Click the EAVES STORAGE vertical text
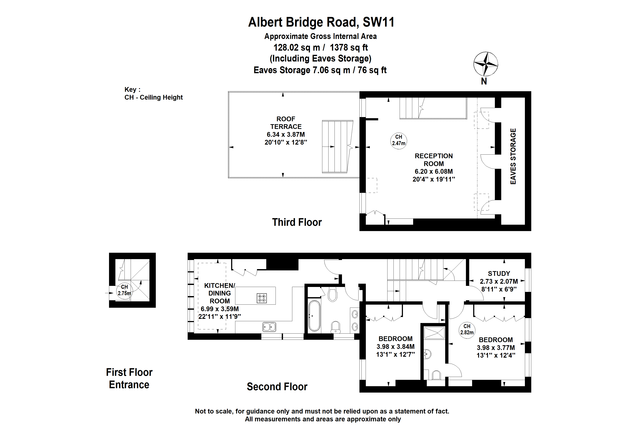point(513,156)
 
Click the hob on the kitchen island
point(262,298)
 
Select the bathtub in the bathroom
point(314,316)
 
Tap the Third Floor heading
point(297,222)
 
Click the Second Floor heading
point(277,387)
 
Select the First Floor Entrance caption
point(129,378)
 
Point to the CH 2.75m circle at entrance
point(124,290)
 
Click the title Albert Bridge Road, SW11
point(321,22)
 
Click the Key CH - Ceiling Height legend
point(153,93)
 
